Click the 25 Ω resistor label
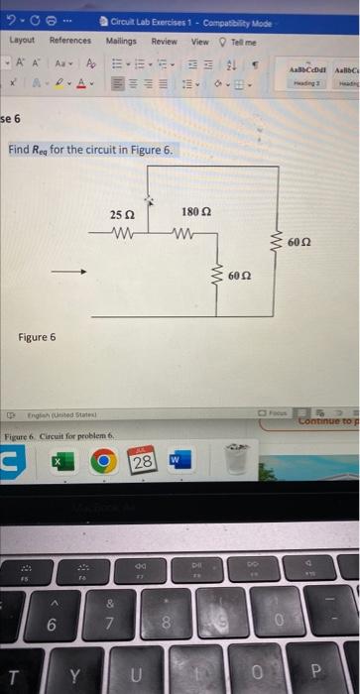coord(122,214)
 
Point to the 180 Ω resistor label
coord(194,213)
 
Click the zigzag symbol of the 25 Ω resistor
coord(122,234)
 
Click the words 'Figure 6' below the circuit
coord(38,337)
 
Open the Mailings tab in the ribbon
coord(121,41)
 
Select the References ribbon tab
coord(69,41)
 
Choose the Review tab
coord(164,41)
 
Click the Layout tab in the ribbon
coord(22,41)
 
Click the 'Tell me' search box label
coord(243,41)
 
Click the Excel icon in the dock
coord(59,463)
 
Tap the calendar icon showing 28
coord(143,462)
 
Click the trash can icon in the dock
coord(236,462)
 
